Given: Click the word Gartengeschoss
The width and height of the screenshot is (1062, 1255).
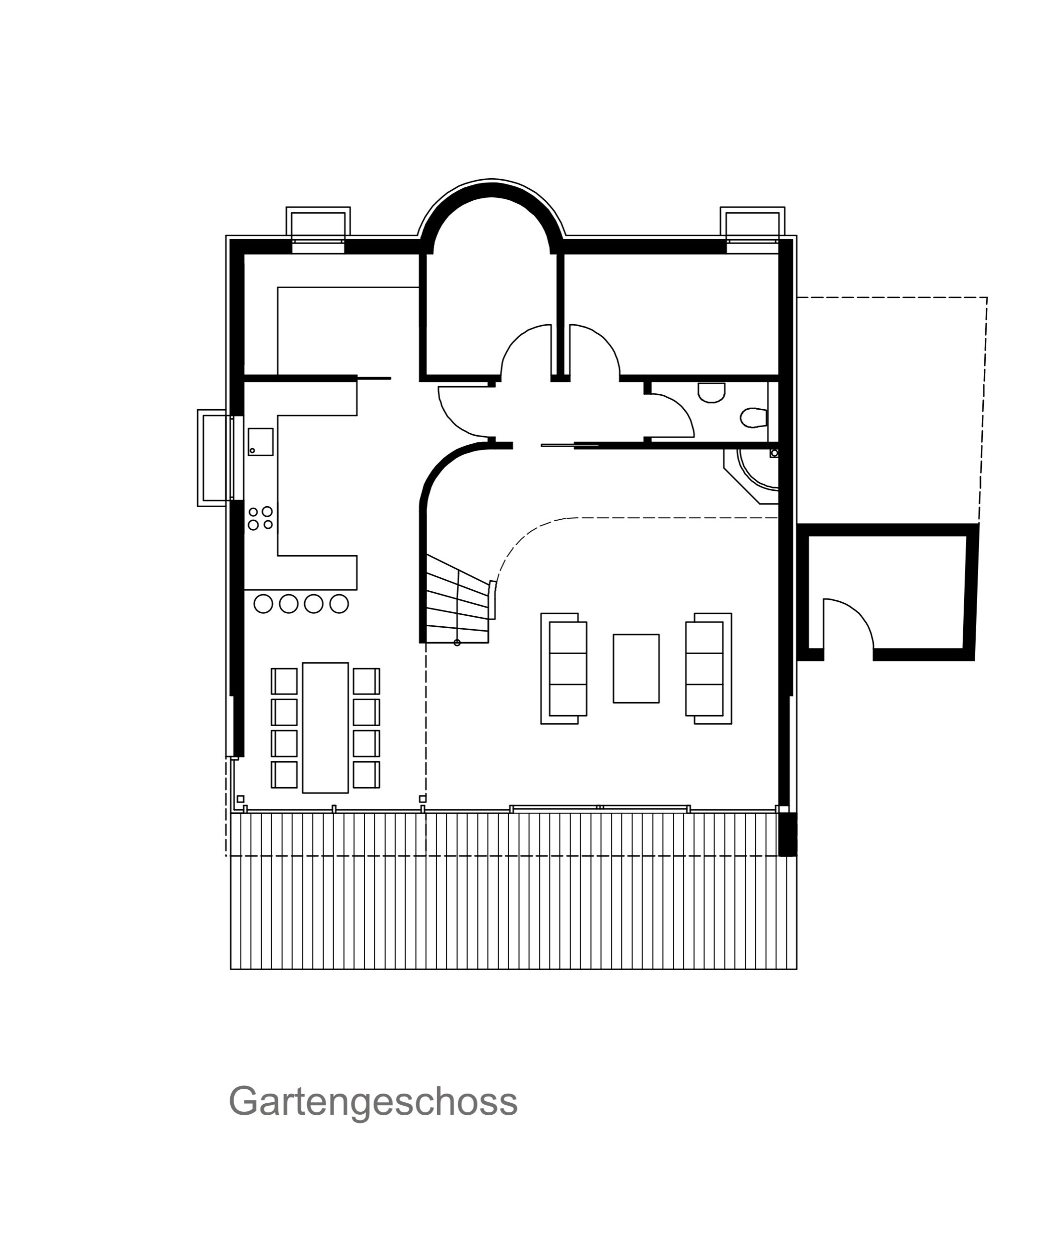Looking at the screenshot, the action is click(373, 1102).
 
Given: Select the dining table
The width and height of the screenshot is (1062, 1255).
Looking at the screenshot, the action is click(325, 728).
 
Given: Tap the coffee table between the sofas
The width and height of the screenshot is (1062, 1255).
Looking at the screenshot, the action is click(636, 668).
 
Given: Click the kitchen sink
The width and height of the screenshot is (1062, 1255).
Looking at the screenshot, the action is click(261, 442).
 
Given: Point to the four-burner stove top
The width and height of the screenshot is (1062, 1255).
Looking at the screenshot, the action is click(261, 518).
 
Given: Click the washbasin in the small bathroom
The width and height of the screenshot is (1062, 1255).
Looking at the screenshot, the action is click(711, 393).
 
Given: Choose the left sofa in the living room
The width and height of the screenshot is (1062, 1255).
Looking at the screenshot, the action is click(563, 668).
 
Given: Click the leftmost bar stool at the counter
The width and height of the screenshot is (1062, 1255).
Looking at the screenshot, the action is click(263, 604).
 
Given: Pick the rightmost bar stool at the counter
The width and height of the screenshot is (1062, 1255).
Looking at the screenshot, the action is click(339, 604).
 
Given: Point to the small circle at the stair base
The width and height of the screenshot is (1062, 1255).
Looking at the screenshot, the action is click(457, 643).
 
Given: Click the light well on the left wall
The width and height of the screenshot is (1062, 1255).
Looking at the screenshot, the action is click(215, 458).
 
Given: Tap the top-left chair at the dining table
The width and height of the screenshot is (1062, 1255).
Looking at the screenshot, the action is click(285, 682).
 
